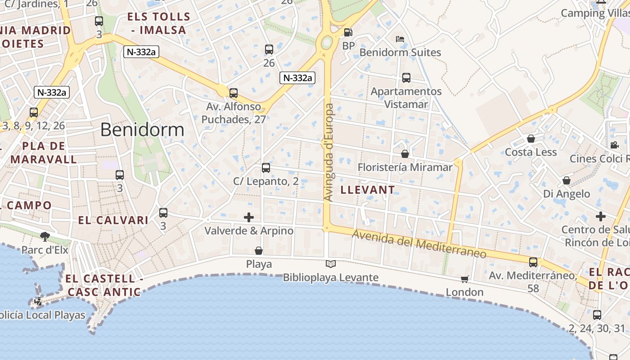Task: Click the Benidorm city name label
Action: [142, 130]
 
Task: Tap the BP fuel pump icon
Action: [348, 32]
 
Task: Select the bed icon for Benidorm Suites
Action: [400, 39]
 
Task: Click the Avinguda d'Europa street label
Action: [329, 153]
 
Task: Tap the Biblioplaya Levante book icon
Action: [331, 264]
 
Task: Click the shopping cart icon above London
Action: [465, 279]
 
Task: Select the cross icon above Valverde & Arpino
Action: [248, 218]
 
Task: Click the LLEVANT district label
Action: [368, 190]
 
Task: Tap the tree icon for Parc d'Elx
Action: [45, 236]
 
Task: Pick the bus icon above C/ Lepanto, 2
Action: [266, 168]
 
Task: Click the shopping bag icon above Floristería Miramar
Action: [405, 154]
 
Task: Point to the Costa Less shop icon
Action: [531, 139]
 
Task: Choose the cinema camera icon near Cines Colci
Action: [614, 145]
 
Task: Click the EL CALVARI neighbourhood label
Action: [113, 220]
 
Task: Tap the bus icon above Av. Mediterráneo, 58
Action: [533, 262]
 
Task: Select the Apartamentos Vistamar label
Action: [406, 98]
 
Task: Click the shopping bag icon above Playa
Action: [259, 251]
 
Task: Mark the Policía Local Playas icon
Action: [39, 301]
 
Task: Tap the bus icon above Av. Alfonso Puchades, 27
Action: [233, 93]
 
